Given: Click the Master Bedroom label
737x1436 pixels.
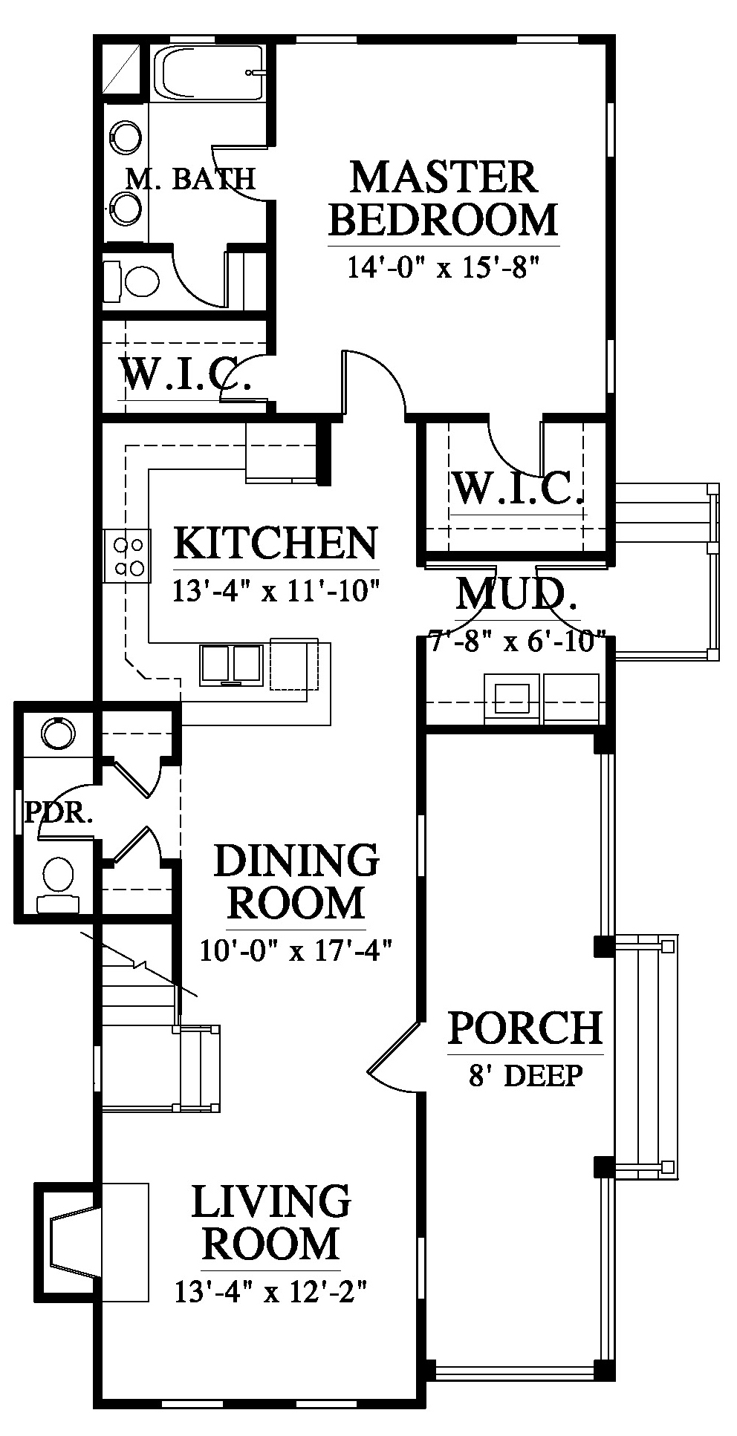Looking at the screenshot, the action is click(x=444, y=198).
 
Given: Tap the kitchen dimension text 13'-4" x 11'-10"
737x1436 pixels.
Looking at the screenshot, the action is click(x=276, y=592).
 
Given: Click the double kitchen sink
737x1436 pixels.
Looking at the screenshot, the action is click(x=230, y=663).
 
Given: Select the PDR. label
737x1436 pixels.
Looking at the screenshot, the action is click(x=59, y=813).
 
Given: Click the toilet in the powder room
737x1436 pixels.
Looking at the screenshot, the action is click(x=58, y=884).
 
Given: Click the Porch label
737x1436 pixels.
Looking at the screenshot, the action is click(x=525, y=1028).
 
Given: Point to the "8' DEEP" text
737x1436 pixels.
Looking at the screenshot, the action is click(x=525, y=1075).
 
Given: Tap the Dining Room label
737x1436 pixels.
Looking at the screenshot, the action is click(x=296, y=882).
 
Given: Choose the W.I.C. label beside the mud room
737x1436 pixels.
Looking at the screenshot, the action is click(x=518, y=487).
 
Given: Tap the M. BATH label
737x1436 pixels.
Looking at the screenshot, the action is click(x=190, y=178).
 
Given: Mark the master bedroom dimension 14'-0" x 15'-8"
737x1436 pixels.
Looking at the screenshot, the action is click(x=443, y=266).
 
